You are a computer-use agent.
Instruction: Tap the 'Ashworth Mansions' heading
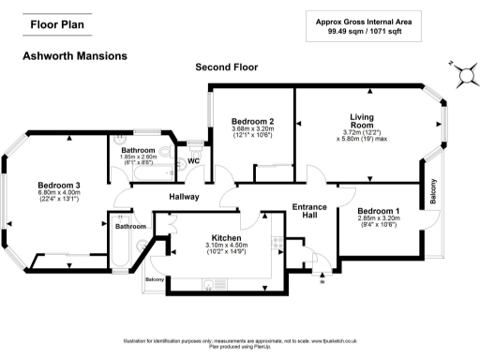click(74, 56)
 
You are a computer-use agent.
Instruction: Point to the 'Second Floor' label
click(226, 67)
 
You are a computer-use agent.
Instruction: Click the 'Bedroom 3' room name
click(59, 184)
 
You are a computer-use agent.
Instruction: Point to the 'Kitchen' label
click(227, 239)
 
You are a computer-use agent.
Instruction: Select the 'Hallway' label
click(184, 197)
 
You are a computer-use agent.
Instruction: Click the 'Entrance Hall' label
click(308, 211)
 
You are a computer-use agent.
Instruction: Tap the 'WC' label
click(194, 160)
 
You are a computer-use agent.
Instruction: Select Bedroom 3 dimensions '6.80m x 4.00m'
click(59, 192)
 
